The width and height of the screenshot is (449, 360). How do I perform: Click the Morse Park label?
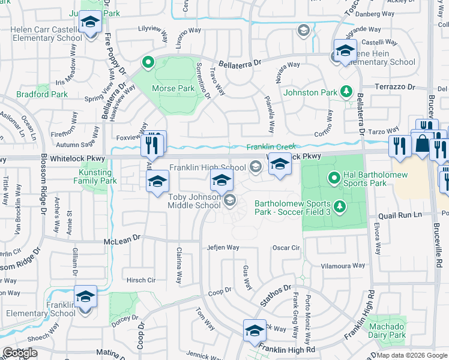click(x=173, y=88)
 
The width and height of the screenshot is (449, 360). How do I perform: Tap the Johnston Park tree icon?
click(x=346, y=92)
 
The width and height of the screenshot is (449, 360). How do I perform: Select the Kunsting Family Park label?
click(x=98, y=176)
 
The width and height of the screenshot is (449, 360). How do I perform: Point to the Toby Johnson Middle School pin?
click(x=221, y=179)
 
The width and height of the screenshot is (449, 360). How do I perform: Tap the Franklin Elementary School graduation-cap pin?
click(x=85, y=298)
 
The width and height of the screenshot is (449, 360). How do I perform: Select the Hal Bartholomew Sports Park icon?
click(x=334, y=178)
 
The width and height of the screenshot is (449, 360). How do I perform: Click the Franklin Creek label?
click(x=271, y=146)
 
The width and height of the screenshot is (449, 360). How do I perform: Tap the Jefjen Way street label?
click(x=223, y=247)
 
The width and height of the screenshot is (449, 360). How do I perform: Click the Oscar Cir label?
click(x=286, y=247)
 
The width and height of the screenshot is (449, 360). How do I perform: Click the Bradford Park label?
click(x=34, y=94)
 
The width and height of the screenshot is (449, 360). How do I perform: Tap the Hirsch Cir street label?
click(x=141, y=280)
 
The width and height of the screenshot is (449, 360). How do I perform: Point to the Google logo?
click(x=20, y=353)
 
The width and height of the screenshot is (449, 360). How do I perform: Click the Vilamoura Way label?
click(x=343, y=265)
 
